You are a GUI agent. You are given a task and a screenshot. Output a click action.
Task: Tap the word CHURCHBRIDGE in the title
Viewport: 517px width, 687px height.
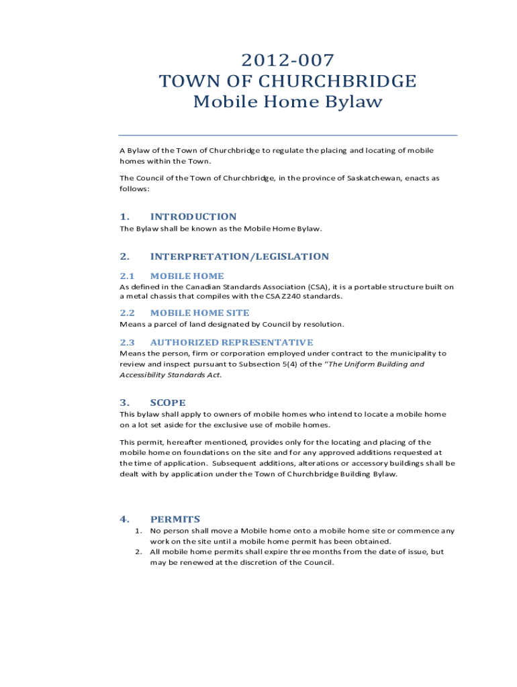pyautogui.click(x=333, y=81)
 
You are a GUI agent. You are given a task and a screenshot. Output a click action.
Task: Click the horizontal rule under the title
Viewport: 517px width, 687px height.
pyautogui.click(x=287, y=135)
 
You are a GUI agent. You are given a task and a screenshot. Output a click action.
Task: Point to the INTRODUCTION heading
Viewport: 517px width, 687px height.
pyautogui.click(x=193, y=217)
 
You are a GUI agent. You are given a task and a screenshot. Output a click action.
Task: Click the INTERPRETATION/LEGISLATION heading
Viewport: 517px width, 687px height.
pyautogui.click(x=240, y=256)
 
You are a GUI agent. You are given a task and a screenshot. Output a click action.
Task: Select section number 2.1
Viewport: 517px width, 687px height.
pyautogui.click(x=127, y=276)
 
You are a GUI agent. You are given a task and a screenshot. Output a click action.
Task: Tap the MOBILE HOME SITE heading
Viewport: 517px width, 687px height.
pyautogui.click(x=199, y=313)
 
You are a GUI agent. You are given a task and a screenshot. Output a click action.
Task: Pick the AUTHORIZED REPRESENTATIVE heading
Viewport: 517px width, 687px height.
pyautogui.click(x=232, y=342)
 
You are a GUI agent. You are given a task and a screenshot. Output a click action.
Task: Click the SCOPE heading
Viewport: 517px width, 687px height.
pyautogui.click(x=168, y=403)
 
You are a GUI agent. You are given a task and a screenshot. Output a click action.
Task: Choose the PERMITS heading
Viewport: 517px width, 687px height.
pyautogui.click(x=175, y=519)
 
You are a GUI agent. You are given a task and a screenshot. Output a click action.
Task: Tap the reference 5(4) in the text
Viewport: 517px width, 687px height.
pyautogui.click(x=276, y=364)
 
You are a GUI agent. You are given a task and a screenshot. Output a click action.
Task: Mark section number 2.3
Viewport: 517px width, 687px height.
pyautogui.click(x=127, y=342)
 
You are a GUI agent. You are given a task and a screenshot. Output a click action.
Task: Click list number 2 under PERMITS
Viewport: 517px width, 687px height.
pyautogui.click(x=137, y=551)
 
